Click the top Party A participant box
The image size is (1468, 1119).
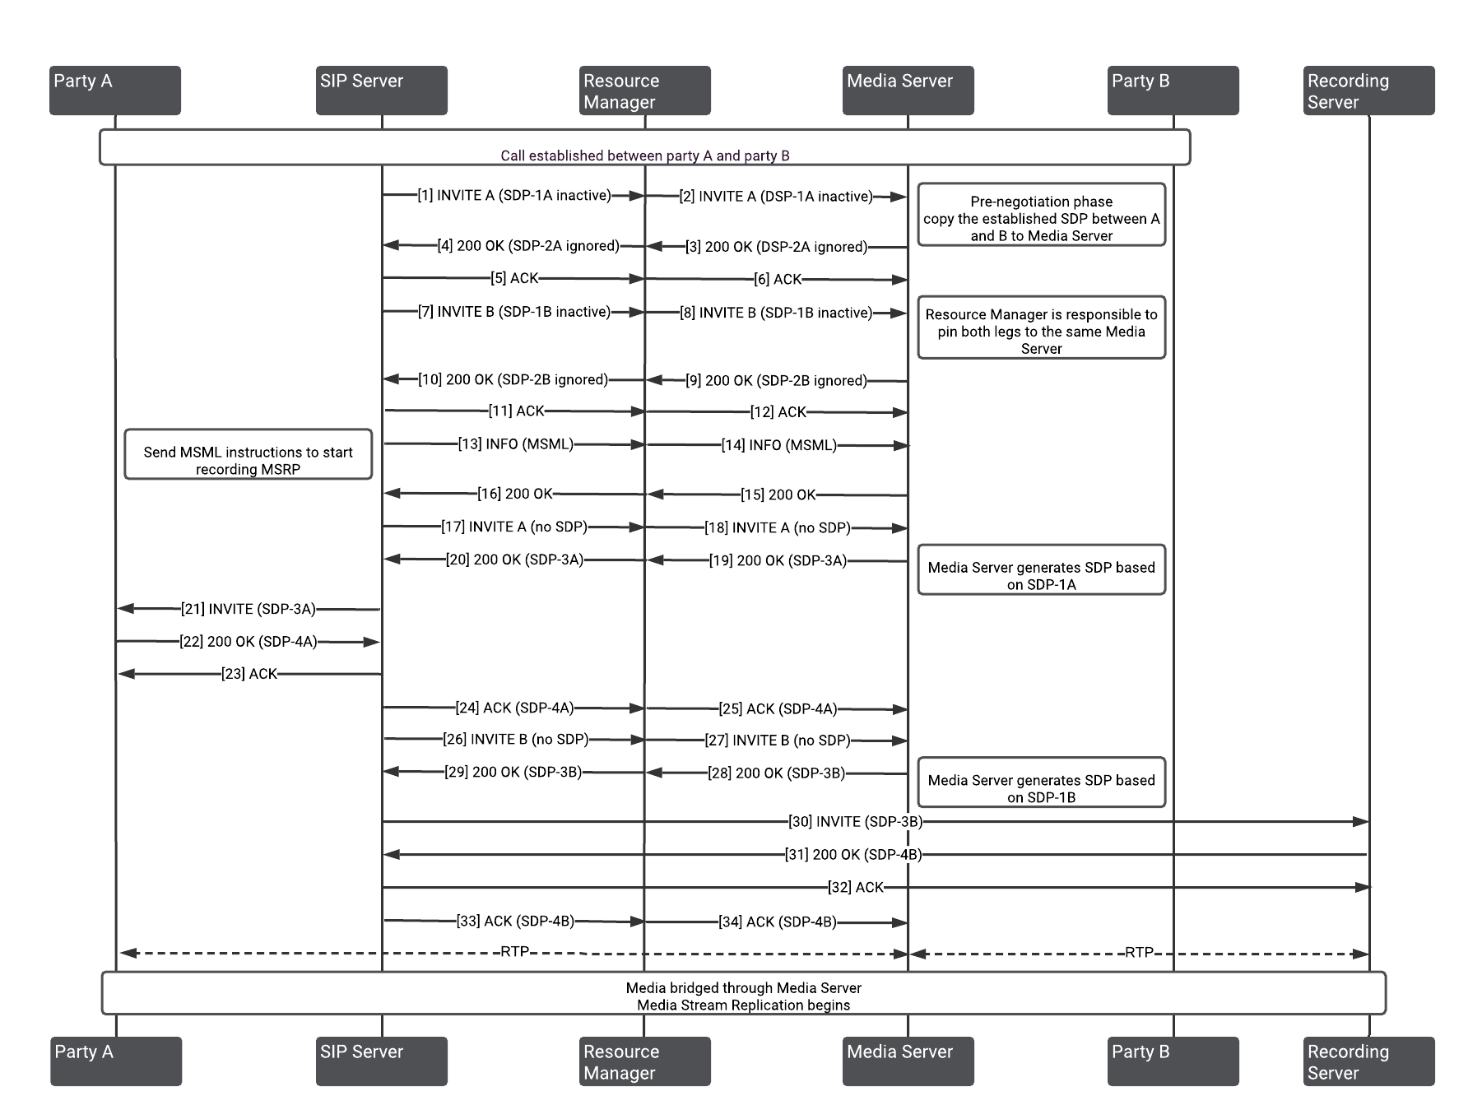point(115,91)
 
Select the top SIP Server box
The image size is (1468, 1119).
point(382,91)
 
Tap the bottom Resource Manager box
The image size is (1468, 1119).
point(645,1061)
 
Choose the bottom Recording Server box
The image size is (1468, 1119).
point(1369,1061)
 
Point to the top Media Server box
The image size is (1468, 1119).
point(908,91)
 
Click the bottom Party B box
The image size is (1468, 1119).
point(1173,1061)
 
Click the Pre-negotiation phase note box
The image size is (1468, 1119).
point(1042,215)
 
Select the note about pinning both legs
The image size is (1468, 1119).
point(1042,327)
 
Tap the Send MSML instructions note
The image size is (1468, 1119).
point(249,454)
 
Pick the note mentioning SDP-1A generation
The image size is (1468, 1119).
point(1042,569)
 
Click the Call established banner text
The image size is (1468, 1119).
point(645,156)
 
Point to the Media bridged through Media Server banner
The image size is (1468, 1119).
point(744,993)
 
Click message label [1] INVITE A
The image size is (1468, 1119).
point(514,196)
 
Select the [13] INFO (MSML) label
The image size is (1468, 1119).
point(516,444)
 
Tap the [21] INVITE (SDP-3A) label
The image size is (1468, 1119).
point(249,609)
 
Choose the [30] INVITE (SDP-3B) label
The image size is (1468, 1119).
point(856,821)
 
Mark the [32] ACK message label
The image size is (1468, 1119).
point(856,887)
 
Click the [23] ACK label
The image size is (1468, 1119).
point(249,674)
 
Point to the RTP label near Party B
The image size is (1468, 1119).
point(1140,953)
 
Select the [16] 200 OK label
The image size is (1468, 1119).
point(515,494)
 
